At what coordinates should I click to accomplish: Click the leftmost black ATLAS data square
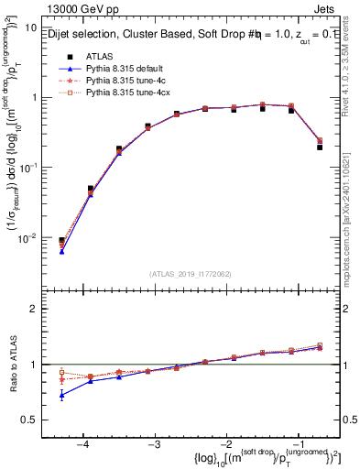click(61, 241)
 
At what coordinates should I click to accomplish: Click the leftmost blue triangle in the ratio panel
click(61, 395)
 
